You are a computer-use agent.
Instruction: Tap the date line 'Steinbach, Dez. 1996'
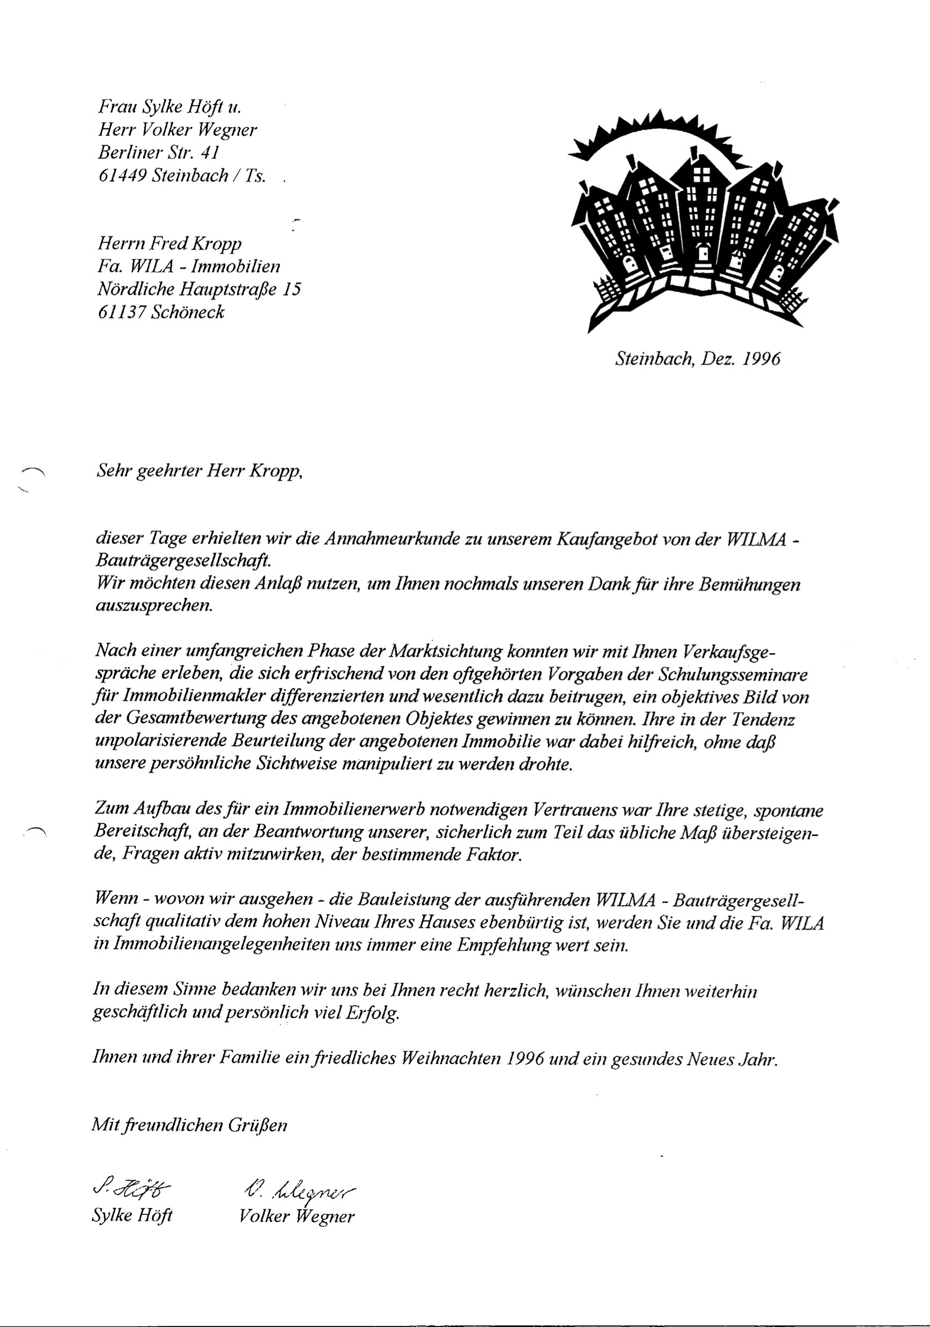698,359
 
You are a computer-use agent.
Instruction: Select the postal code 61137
120,312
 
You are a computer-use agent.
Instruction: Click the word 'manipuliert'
393,765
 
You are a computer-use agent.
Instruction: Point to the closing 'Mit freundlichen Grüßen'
189,1125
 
